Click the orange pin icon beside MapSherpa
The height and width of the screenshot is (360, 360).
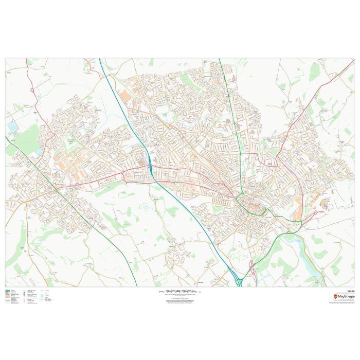coord(335,297)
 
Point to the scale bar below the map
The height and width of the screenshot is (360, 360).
coord(179,291)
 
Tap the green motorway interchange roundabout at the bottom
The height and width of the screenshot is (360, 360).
coord(239,281)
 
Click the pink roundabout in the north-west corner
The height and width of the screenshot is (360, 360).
coord(33,91)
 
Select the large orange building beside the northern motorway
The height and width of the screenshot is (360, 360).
coord(125,97)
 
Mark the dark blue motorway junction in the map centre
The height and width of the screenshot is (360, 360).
coord(149,165)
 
